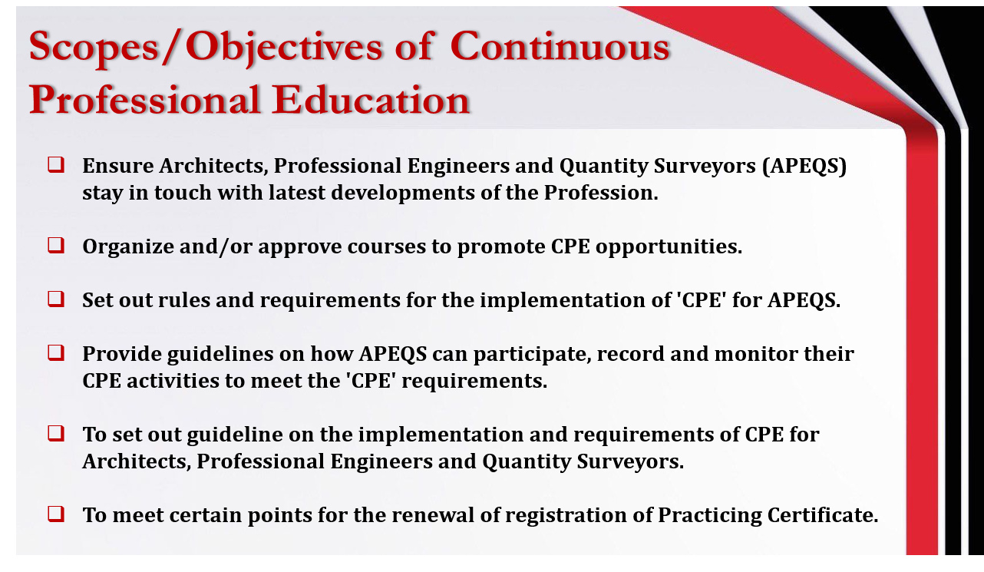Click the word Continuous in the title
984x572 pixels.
[560, 47]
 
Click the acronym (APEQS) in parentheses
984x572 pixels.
[804, 166]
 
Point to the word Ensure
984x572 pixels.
[118, 166]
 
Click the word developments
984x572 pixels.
[403, 193]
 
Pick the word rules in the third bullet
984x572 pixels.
[183, 300]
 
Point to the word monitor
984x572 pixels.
[755, 354]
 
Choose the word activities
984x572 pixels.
[173, 381]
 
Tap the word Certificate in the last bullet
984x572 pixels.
[822, 515]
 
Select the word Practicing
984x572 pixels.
[709, 516]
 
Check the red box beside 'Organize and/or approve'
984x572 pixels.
[56, 246]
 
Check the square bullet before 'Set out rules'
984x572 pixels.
[56, 299]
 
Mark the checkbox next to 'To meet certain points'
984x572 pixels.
[56, 514]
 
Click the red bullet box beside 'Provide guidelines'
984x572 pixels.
[56, 352]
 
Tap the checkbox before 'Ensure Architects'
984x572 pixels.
[56, 165]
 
